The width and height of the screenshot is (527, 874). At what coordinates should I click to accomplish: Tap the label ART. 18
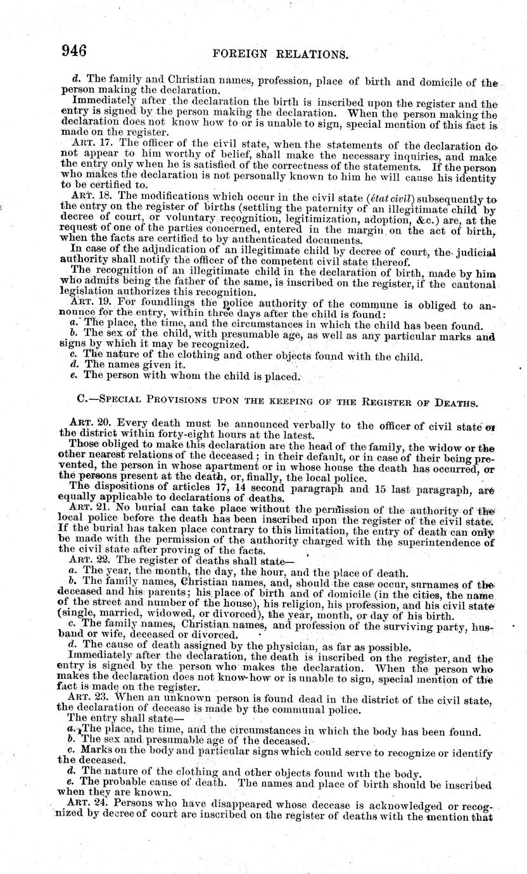point(87,196)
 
